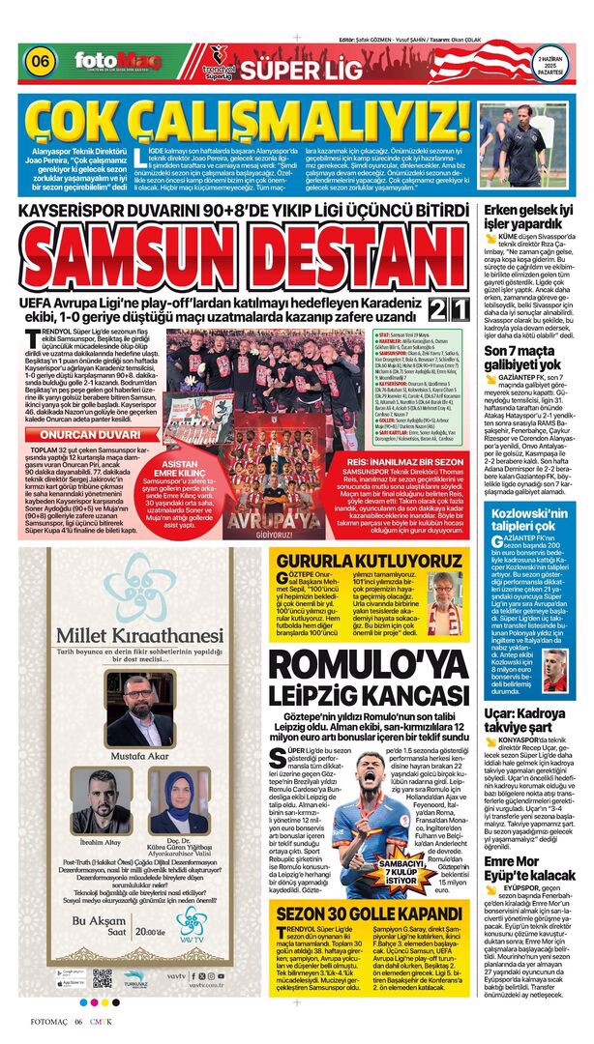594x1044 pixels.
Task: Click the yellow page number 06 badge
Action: (x=41, y=60)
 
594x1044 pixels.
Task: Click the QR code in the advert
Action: (x=102, y=978)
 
